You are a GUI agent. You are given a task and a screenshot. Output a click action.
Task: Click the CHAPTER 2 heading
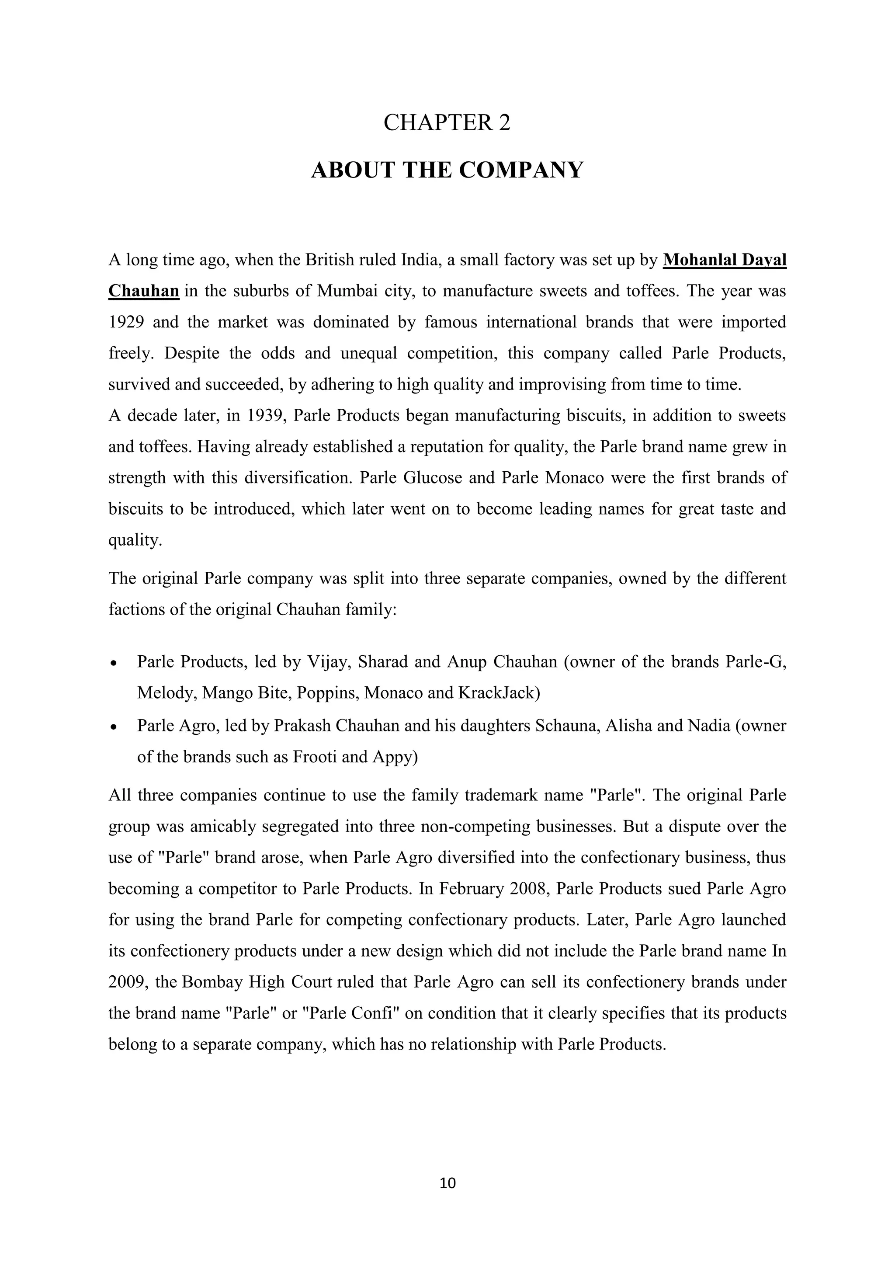point(447,122)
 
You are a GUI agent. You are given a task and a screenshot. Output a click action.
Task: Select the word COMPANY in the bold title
point(521,170)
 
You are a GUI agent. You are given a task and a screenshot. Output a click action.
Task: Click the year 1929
point(126,322)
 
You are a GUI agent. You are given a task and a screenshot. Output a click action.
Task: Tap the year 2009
point(126,983)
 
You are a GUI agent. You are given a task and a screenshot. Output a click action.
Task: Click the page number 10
point(447,1183)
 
